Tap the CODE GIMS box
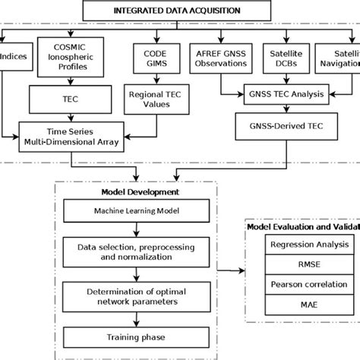click(149, 58)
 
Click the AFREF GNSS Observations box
click(219, 58)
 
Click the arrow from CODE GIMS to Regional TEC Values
click(149, 78)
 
